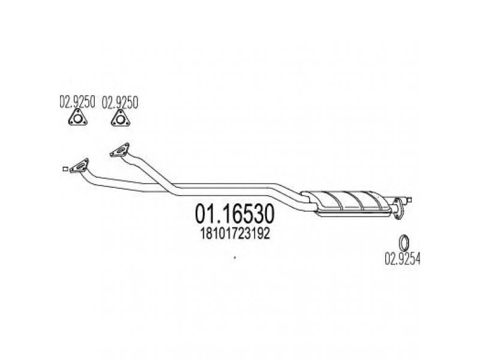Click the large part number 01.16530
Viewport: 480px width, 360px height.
click(x=235, y=214)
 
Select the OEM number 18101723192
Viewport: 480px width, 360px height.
click(x=235, y=234)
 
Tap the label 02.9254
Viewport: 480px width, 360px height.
click(x=402, y=259)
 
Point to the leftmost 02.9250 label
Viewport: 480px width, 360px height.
click(x=77, y=102)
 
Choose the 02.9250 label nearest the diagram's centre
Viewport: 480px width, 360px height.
click(x=120, y=102)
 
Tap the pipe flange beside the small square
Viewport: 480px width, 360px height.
click(x=80, y=166)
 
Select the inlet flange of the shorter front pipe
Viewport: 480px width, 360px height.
click(x=119, y=151)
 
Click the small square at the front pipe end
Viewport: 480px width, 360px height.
click(x=65, y=169)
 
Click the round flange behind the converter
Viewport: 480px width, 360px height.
click(x=398, y=209)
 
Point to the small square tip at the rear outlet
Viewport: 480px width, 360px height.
click(x=409, y=200)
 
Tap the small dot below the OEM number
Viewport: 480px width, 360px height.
click(x=235, y=258)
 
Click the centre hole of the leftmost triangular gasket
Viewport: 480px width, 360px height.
click(x=78, y=118)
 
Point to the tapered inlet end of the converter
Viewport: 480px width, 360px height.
click(x=310, y=200)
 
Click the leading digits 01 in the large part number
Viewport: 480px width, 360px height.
click(x=205, y=214)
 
